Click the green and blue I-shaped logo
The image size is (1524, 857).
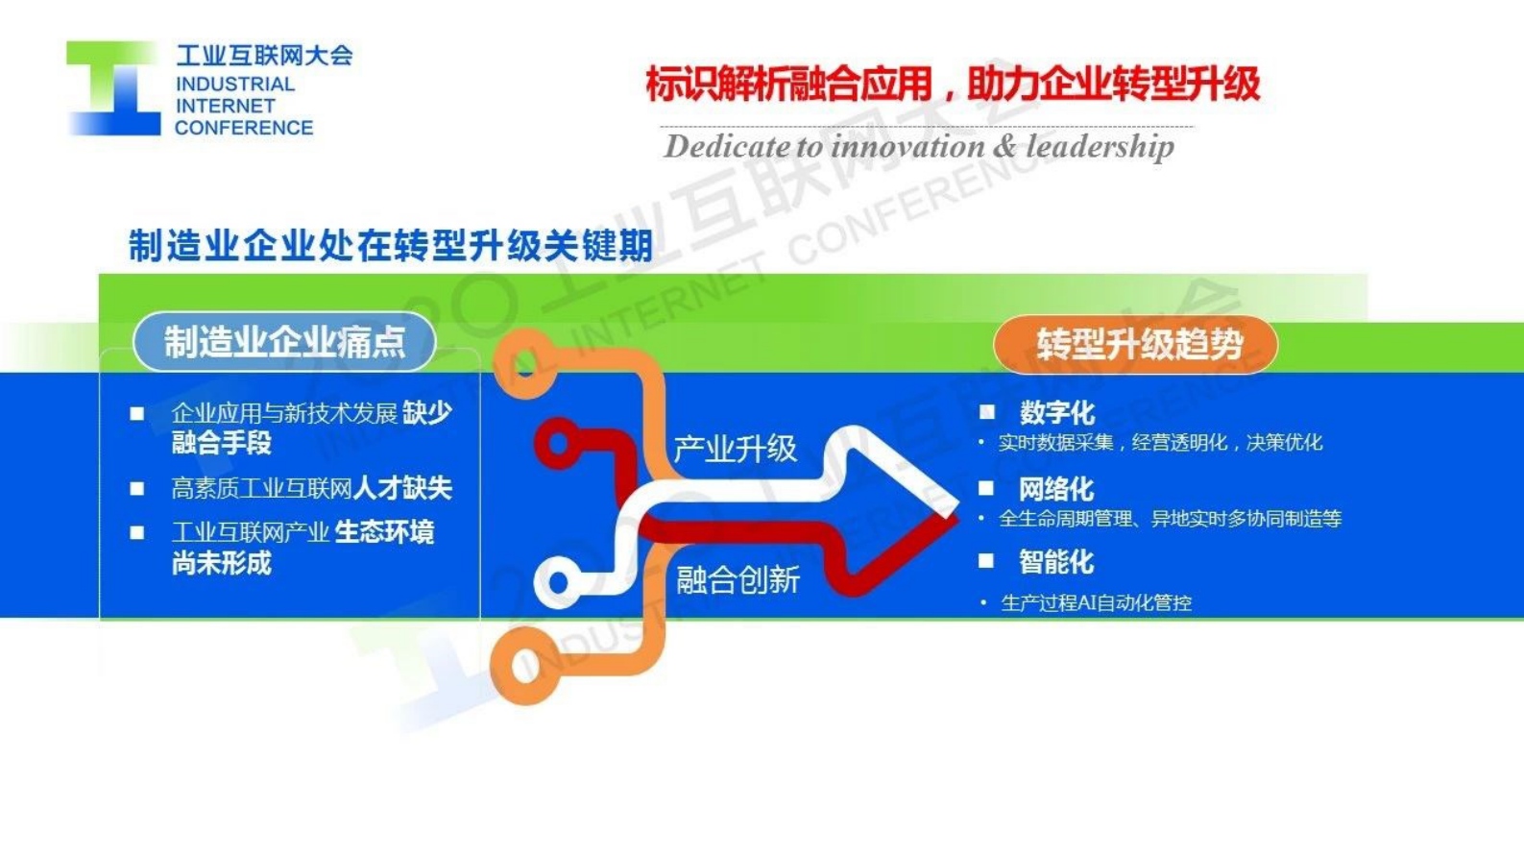click(113, 88)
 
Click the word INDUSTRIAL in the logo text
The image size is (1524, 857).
click(235, 85)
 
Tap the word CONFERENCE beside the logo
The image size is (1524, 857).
click(244, 128)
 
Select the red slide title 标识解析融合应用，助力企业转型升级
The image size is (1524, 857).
click(952, 85)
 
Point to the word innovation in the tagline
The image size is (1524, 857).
click(907, 147)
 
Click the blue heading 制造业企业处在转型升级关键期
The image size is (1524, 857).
click(391, 246)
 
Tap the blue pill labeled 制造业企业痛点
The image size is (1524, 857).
click(284, 342)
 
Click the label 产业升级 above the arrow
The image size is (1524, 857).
click(735, 449)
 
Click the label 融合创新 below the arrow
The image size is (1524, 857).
click(738, 580)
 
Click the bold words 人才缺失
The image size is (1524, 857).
click(402, 488)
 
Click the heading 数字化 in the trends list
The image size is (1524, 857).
click(1056, 413)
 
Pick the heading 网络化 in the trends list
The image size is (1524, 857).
click(1055, 489)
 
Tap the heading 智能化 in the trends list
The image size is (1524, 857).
click(1055, 562)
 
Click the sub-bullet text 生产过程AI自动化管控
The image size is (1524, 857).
click(1096, 603)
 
